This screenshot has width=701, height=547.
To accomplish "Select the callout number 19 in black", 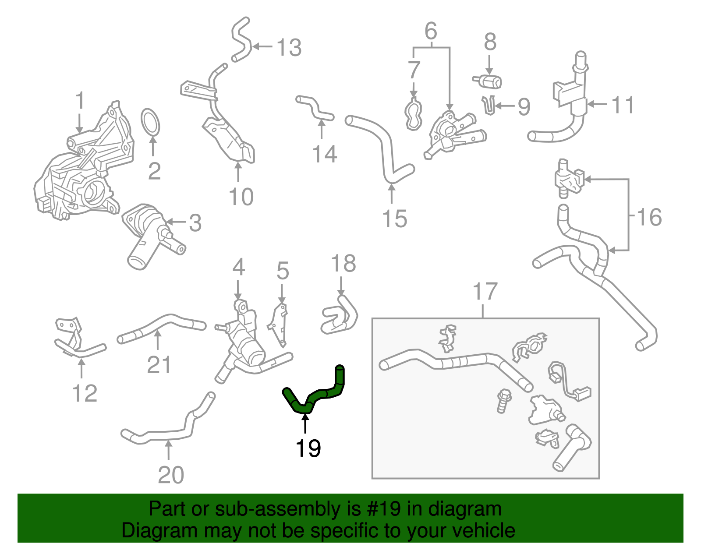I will pyautogui.click(x=308, y=448).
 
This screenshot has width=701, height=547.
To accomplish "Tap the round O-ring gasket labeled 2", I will pyautogui.click(x=151, y=122).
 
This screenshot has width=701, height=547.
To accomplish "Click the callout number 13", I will pyautogui.click(x=289, y=47).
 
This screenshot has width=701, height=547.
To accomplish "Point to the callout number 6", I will pyautogui.click(x=431, y=32).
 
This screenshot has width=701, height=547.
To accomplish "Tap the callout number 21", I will pyautogui.click(x=159, y=364).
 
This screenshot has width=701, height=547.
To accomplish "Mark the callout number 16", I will pyautogui.click(x=649, y=217).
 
